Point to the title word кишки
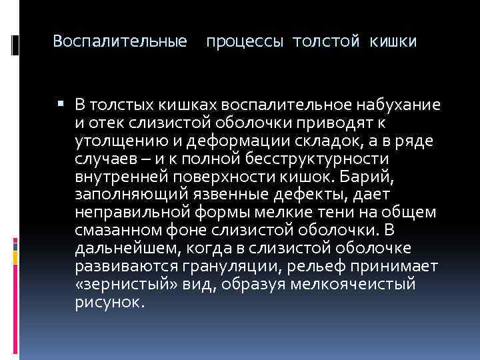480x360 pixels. pyautogui.click(x=392, y=42)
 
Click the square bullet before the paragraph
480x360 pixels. pyautogui.click(x=61, y=104)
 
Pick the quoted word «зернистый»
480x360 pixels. pyautogui.click(x=116, y=285)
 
